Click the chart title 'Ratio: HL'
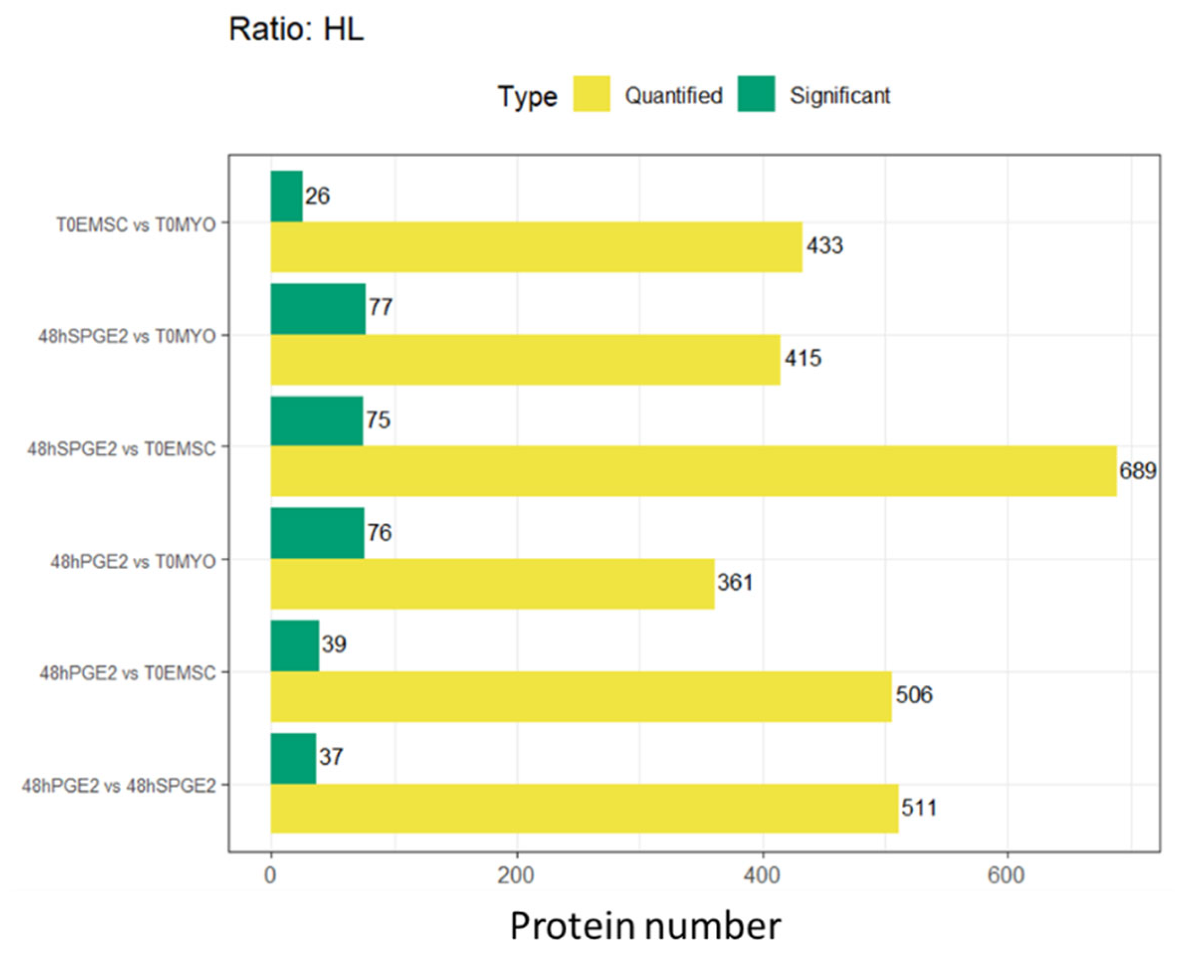point(296,29)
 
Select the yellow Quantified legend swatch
point(591,94)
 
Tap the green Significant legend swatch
point(756,94)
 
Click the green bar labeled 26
point(287,196)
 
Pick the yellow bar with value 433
point(536,247)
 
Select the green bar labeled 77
point(318,309)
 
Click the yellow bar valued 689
point(693,471)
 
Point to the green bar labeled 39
point(295,645)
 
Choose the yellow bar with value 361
point(492,584)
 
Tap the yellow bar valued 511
point(584,809)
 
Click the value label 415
point(803,359)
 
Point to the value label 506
point(914,695)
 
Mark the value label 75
point(378,420)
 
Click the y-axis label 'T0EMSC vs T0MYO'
point(135,225)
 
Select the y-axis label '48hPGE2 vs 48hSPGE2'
point(118,786)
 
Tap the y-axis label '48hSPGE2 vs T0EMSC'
point(121,449)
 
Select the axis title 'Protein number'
point(644,926)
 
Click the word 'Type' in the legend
point(527,96)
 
